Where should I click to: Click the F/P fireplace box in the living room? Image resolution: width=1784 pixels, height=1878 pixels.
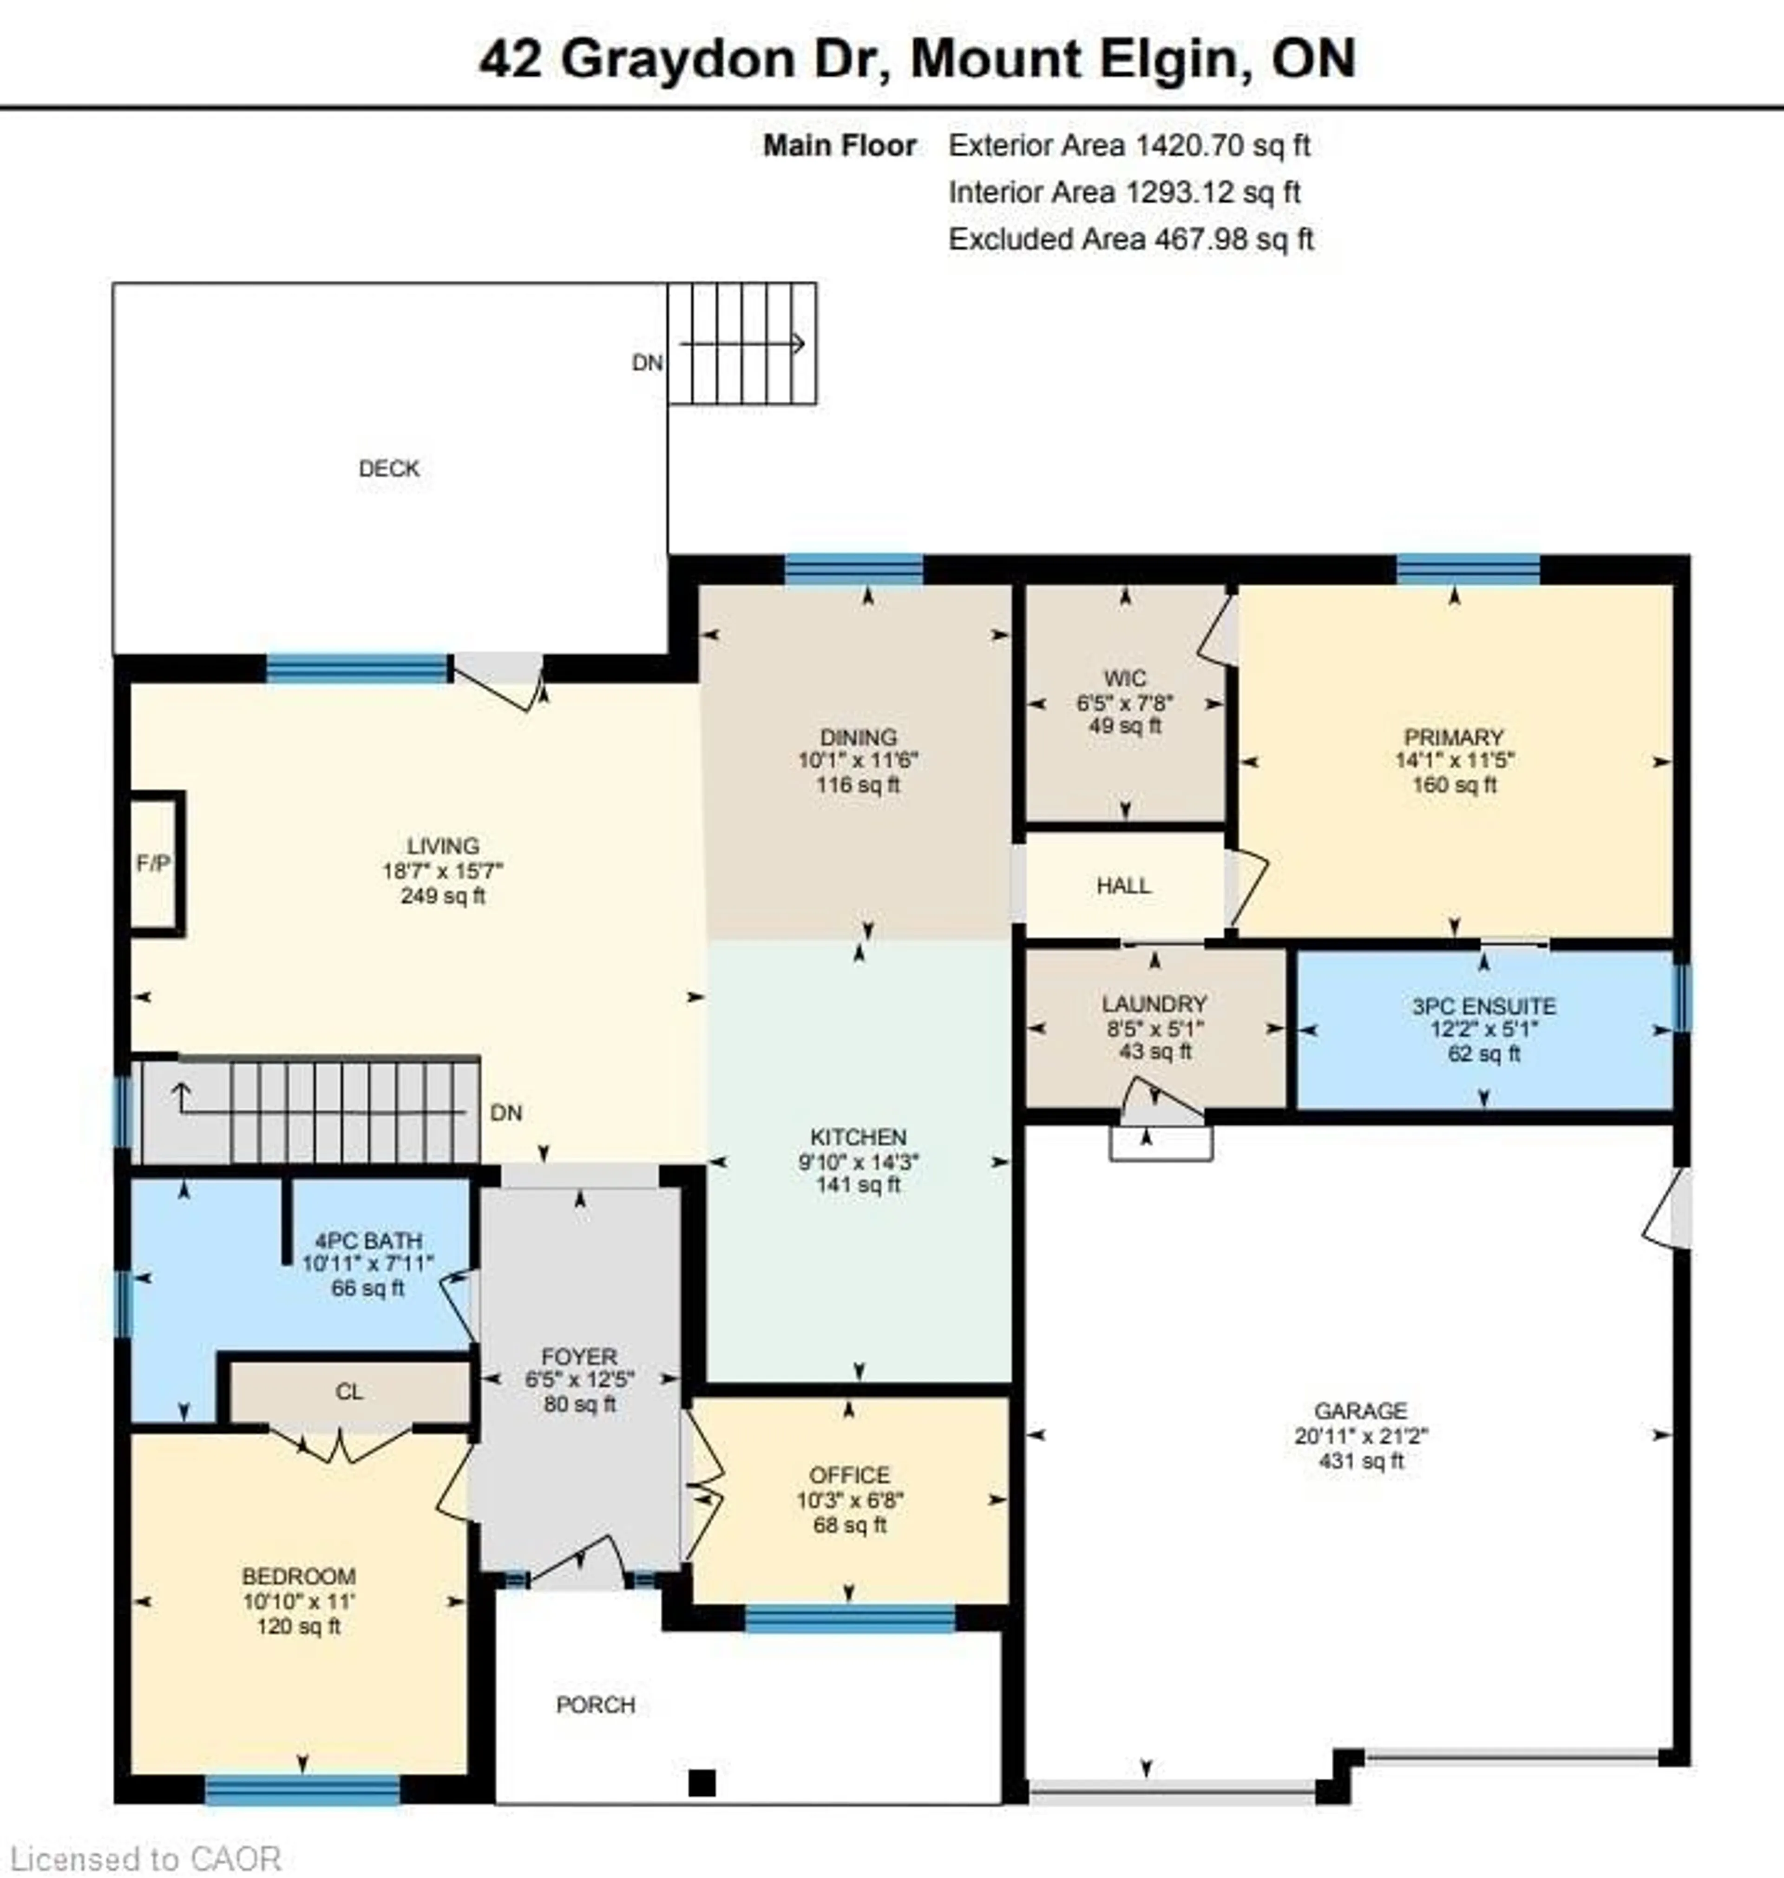(x=155, y=862)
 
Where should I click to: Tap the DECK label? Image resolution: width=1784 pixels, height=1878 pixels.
(x=389, y=468)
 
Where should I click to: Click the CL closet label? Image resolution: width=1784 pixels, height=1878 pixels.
(x=349, y=1391)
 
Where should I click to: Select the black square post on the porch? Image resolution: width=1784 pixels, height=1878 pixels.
(x=702, y=1781)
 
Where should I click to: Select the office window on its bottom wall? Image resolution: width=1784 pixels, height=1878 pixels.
(x=849, y=1617)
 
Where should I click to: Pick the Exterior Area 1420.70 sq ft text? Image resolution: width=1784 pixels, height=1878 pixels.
(x=1129, y=145)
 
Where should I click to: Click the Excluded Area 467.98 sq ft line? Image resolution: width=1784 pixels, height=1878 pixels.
(x=1131, y=239)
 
